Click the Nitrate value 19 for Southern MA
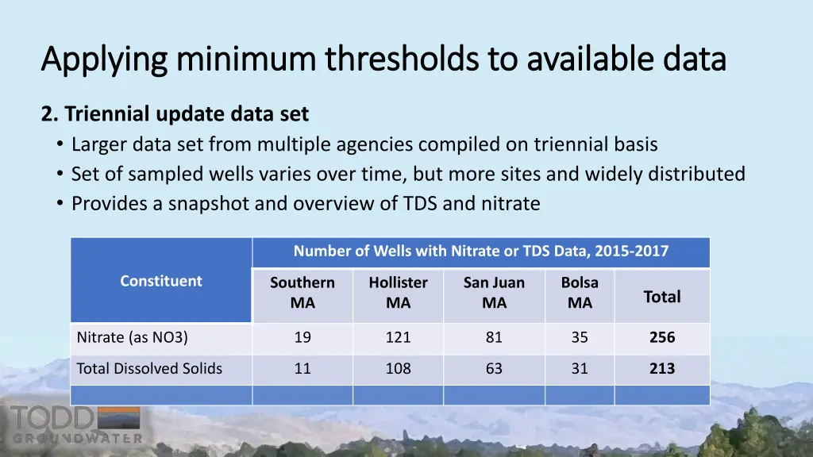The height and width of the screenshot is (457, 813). (x=302, y=337)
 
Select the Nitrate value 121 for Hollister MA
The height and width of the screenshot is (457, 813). (x=398, y=337)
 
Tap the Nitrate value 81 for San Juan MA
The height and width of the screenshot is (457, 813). (x=494, y=337)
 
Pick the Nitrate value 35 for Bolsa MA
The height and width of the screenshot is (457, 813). (x=580, y=337)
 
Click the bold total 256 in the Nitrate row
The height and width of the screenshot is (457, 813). (x=661, y=337)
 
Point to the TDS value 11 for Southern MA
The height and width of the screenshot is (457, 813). (x=302, y=368)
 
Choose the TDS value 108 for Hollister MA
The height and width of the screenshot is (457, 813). (x=398, y=368)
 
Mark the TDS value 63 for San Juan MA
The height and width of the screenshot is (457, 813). (x=494, y=368)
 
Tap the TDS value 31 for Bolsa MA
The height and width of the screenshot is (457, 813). (x=580, y=368)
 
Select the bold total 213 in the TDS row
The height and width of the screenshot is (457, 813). (x=661, y=368)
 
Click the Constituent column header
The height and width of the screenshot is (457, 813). (x=161, y=281)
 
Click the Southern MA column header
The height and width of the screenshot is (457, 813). (x=302, y=293)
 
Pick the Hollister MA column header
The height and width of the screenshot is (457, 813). (x=398, y=293)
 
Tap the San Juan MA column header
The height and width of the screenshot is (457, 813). (x=494, y=293)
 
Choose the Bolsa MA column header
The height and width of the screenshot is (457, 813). (x=580, y=293)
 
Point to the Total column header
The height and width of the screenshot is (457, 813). (x=661, y=297)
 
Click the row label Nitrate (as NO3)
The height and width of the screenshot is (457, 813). (x=132, y=337)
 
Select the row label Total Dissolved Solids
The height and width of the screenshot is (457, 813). (x=149, y=368)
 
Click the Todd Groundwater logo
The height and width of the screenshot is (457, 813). (x=76, y=424)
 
